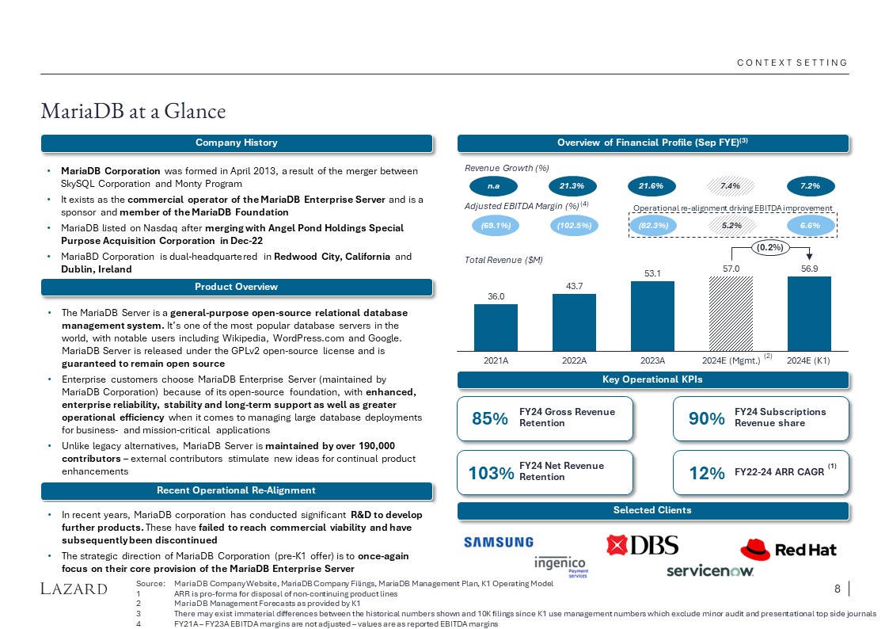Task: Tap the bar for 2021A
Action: (x=496, y=326)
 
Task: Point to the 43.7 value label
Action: (x=574, y=285)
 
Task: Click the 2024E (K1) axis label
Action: (x=809, y=360)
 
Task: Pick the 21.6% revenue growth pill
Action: (x=652, y=185)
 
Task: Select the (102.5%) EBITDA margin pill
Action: (x=574, y=225)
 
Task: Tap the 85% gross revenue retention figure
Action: (x=489, y=419)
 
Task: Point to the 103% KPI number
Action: (x=491, y=473)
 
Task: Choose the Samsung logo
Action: (x=498, y=543)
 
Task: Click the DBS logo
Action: (x=642, y=546)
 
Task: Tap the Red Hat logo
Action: (x=787, y=548)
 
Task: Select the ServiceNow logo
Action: (x=709, y=570)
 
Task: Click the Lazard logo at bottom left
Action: (x=74, y=589)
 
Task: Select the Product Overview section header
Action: (x=237, y=287)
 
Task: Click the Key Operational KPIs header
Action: (x=652, y=379)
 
